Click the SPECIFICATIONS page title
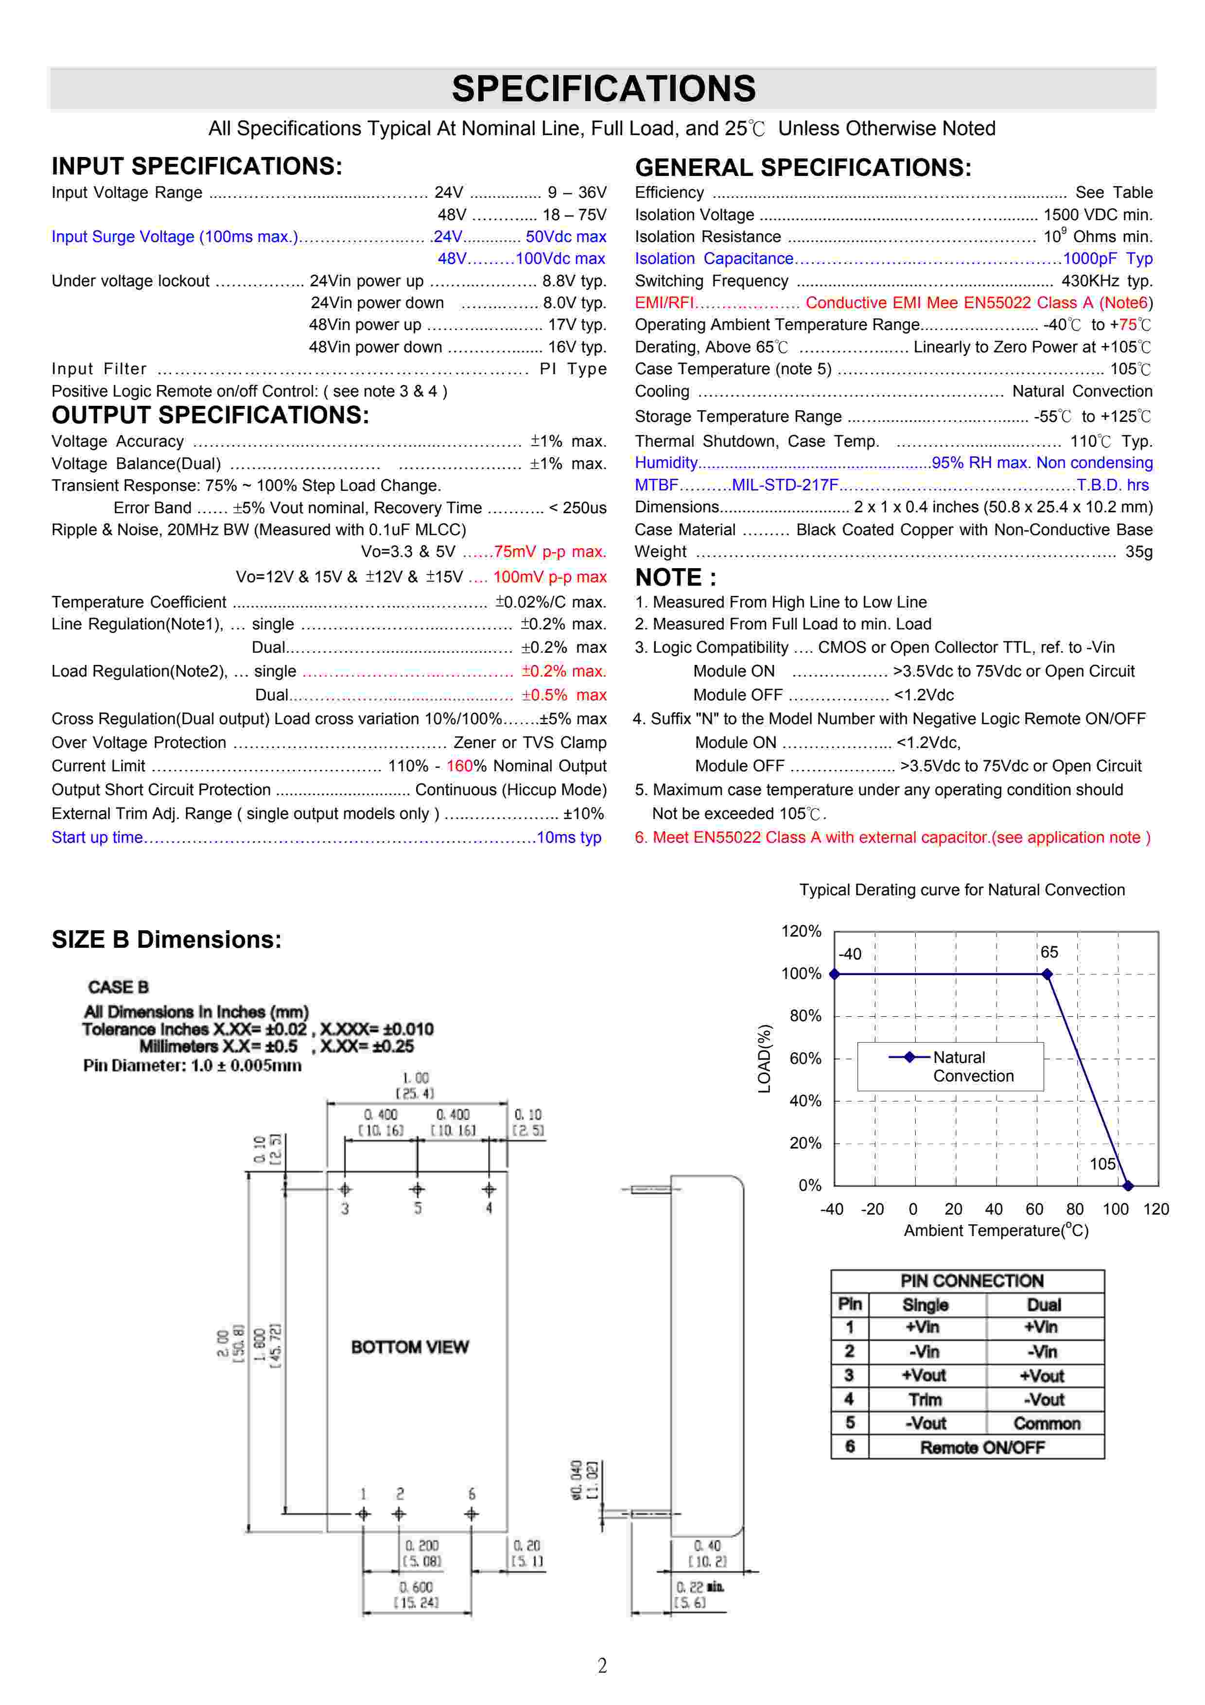pyautogui.click(x=603, y=89)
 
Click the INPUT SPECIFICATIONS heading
pyautogui.click(x=197, y=166)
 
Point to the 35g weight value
pyautogui.click(x=1138, y=552)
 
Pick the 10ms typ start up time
pyautogui.click(x=569, y=837)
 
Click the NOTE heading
pyautogui.click(x=675, y=578)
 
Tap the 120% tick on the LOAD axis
pyautogui.click(x=801, y=931)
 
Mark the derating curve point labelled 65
pyautogui.click(x=1047, y=974)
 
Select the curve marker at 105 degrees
pyautogui.click(x=1128, y=1186)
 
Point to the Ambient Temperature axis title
pyautogui.click(x=995, y=1231)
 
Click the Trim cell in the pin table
pyautogui.click(x=925, y=1400)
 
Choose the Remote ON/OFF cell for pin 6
pyautogui.click(x=982, y=1447)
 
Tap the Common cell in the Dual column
pyautogui.click(x=1046, y=1424)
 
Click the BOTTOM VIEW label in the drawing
pyautogui.click(x=410, y=1347)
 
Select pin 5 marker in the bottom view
pyautogui.click(x=417, y=1190)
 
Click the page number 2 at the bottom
pyautogui.click(x=602, y=1666)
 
